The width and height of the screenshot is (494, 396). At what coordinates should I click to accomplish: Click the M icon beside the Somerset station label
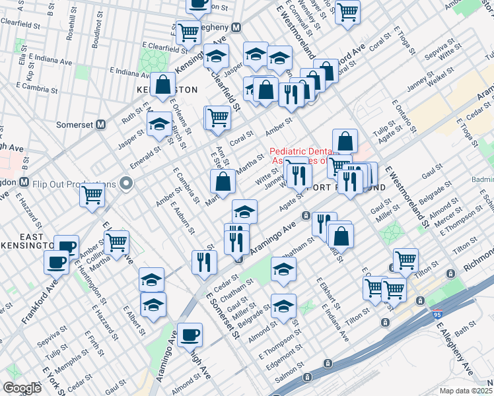tap(101, 124)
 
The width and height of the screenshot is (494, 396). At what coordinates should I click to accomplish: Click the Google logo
tap(21, 388)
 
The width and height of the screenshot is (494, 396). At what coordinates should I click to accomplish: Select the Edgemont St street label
tap(285, 354)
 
